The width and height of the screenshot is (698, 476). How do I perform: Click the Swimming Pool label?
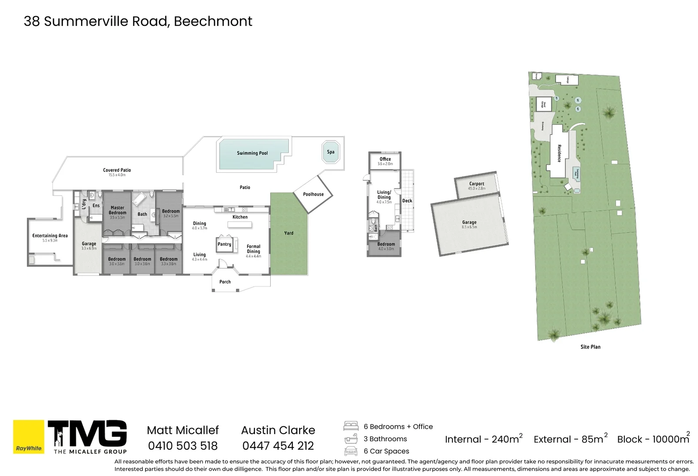252,153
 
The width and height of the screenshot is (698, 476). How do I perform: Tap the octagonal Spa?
331,152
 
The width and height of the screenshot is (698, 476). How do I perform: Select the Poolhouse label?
313,194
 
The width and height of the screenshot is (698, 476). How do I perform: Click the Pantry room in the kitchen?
224,244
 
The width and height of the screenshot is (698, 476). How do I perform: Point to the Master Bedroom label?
117,210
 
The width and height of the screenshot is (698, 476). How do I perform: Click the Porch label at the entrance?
225,282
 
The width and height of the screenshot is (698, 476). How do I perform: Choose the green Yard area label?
289,233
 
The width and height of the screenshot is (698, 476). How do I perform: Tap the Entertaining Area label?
50,236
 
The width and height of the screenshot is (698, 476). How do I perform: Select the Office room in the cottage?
385,160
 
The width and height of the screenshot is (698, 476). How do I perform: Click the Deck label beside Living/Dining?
407,201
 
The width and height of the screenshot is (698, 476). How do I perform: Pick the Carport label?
477,184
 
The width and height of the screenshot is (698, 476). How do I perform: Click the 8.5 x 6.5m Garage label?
469,223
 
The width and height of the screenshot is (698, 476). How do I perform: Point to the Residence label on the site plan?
559,153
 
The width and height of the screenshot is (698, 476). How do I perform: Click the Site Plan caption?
590,347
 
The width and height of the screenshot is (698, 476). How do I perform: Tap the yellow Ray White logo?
29,436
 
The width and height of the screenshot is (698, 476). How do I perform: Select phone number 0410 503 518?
183,446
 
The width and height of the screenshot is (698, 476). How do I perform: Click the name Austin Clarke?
278,430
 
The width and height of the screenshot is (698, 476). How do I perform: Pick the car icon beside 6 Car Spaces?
351,451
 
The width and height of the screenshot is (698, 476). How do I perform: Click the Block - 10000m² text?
653,439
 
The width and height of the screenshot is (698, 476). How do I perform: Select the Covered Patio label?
117,170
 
